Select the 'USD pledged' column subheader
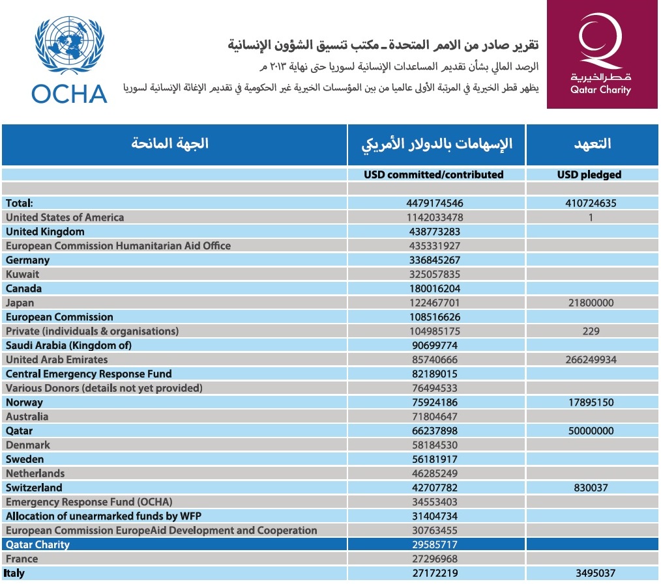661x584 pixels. (589, 174)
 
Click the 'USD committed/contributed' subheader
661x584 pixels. (433, 174)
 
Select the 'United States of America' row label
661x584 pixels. (65, 217)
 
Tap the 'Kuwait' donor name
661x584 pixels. (22, 274)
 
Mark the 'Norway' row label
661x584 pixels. (24, 402)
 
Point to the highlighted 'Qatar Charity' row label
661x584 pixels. (38, 544)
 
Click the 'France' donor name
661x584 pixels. (22, 559)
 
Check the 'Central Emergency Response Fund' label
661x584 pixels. (89, 374)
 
